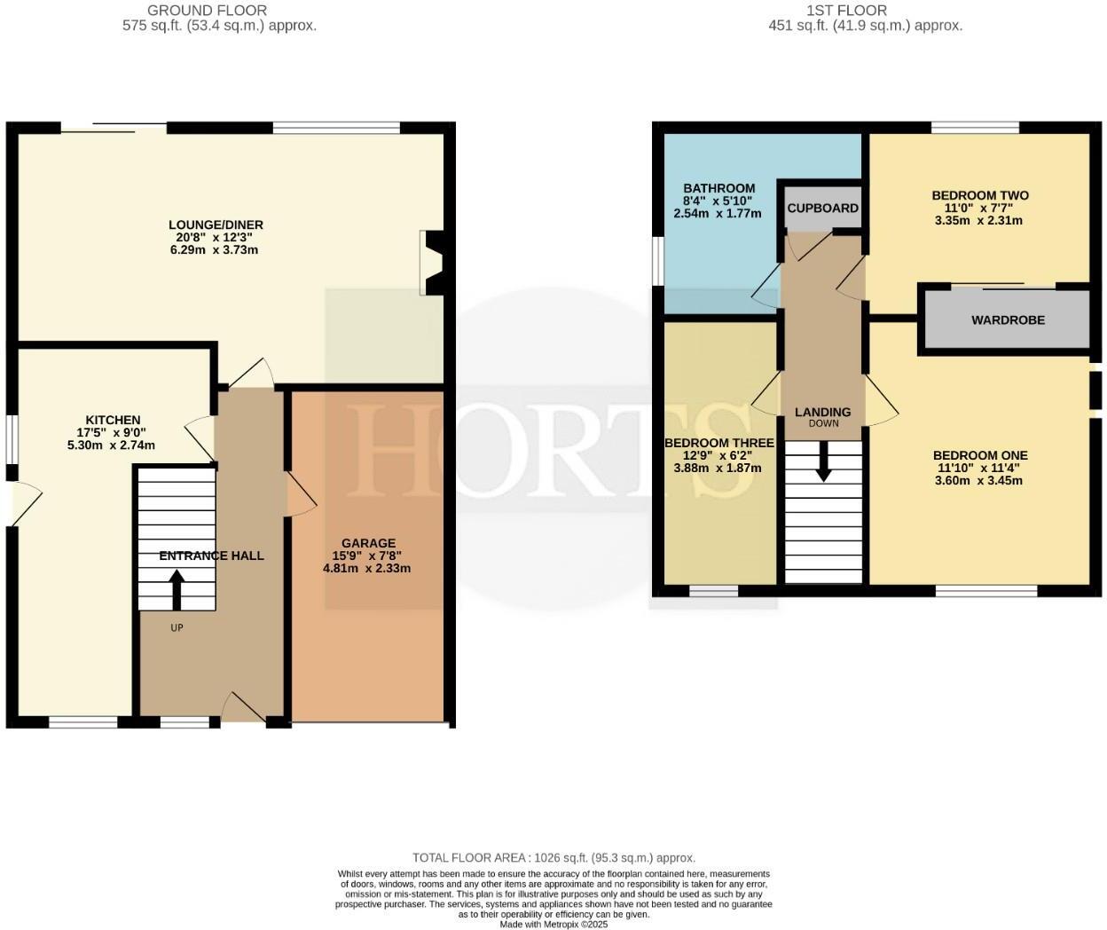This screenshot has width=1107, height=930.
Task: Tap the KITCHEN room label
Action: click(113, 420)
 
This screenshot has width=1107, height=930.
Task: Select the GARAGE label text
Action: click(368, 543)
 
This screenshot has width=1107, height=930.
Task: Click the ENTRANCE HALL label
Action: click(211, 556)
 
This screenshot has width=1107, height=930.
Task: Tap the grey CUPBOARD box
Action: click(822, 208)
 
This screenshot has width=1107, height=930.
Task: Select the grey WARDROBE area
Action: click(1008, 319)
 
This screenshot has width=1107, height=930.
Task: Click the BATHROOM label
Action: click(718, 188)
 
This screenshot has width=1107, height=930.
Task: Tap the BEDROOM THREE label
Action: click(718, 443)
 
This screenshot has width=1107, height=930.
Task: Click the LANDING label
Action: click(822, 412)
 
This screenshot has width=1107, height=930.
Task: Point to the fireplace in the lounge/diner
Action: click(435, 263)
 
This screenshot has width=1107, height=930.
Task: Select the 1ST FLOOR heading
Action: click(845, 11)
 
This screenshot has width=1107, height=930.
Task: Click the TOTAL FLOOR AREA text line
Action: click(553, 857)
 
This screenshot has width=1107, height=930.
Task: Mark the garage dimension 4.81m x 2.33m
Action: click(366, 568)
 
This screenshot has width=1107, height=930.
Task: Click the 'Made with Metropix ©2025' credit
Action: click(553, 924)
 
